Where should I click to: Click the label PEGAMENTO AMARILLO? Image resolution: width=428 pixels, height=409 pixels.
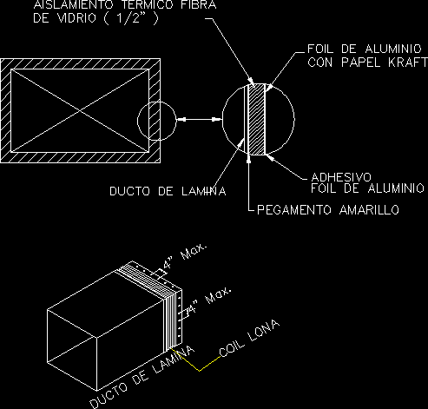[x=328, y=209]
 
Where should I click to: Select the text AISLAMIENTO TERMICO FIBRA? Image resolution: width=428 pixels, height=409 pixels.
[x=125, y=4]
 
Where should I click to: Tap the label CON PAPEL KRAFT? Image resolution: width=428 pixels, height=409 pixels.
[x=367, y=63]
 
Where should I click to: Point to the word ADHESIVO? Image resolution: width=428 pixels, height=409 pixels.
[x=341, y=177]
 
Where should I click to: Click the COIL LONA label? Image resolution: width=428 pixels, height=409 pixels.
[x=249, y=338]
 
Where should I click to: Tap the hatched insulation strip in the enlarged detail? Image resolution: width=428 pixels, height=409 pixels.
[x=256, y=119]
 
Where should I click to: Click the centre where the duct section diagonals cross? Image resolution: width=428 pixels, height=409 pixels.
[x=80, y=110]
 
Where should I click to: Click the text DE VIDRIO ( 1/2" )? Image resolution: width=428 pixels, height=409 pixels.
[x=95, y=18]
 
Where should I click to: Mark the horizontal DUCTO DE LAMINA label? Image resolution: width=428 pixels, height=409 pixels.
[x=168, y=191]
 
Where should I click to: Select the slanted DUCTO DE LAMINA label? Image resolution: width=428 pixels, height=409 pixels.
[x=142, y=377]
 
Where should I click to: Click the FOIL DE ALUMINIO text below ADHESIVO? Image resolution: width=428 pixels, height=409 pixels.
[x=367, y=188]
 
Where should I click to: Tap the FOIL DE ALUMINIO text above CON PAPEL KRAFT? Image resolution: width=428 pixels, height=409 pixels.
[x=365, y=49]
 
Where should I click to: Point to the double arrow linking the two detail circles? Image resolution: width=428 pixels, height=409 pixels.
[x=199, y=119]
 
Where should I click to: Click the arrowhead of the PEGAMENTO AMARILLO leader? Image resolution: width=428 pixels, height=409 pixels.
[x=248, y=159]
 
